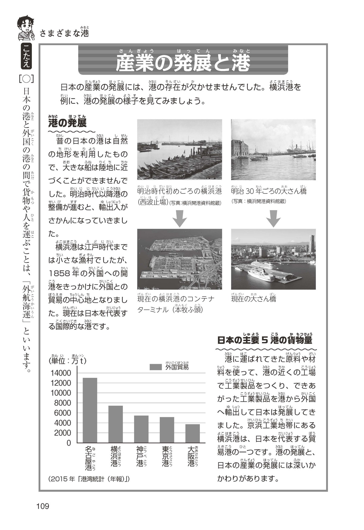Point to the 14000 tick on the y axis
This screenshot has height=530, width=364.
[62, 373]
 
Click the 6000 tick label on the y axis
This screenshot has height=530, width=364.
[62, 413]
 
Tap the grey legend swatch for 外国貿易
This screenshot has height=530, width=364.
[156, 367]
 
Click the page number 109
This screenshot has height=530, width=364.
[43, 506]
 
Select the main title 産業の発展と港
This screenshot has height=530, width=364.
[183, 63]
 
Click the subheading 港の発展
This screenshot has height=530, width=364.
[67, 123]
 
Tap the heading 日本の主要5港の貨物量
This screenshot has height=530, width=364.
[265, 340]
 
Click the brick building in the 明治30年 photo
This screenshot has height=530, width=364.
[240, 148]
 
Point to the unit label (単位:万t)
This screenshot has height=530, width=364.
[68, 361]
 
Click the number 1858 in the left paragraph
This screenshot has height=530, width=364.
[59, 273]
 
